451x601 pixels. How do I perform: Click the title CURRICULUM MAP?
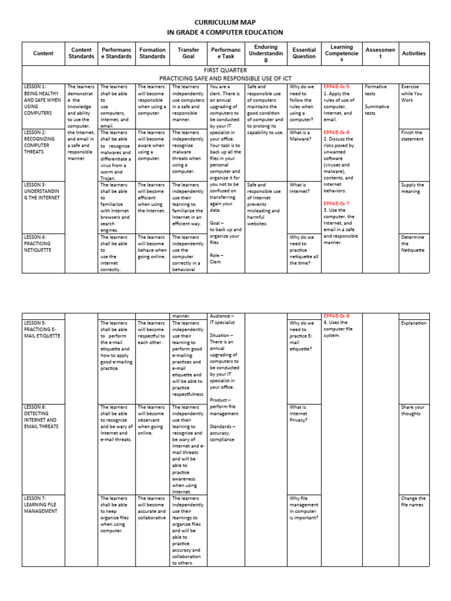(225, 22)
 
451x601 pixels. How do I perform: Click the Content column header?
(43, 53)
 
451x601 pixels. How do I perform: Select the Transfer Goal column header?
(188, 53)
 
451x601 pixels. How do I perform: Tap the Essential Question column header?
(304, 53)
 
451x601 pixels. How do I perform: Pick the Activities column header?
(413, 53)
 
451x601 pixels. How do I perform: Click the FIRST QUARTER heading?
(225, 69)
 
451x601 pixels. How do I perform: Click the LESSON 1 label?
(35, 87)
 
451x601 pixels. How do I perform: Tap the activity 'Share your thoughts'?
(413, 410)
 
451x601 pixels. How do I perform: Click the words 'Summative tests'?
(378, 110)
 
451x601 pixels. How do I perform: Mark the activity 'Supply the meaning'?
(413, 188)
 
